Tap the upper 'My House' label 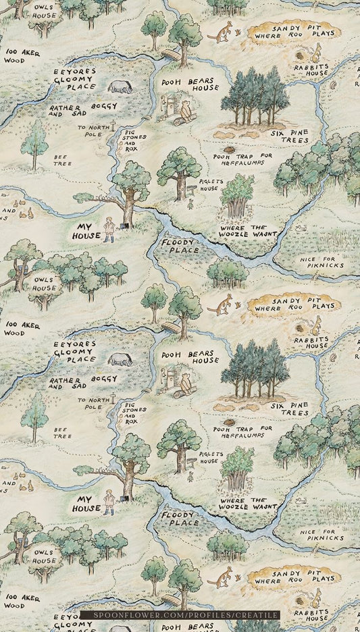(87, 232)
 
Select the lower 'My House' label (87, 503)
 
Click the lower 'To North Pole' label (94, 403)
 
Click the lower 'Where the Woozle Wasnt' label (247, 503)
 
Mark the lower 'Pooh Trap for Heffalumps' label (242, 431)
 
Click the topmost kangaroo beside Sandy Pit (220, 32)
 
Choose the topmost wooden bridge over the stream (170, 53)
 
